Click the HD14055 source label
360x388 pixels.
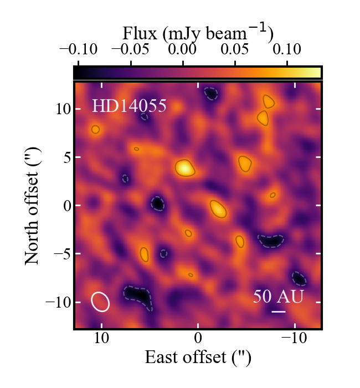[128, 106]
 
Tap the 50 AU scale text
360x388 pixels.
[278, 297]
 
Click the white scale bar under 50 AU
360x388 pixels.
[279, 312]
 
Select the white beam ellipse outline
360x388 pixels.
[100, 301]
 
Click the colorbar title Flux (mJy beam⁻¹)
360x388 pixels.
[198, 34]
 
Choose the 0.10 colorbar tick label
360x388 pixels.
[286, 49]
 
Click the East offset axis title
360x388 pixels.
[198, 358]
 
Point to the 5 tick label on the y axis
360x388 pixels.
[65, 157]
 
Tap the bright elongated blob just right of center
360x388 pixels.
[218, 208]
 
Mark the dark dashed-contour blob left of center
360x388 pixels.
[158, 204]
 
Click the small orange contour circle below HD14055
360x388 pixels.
[95, 129]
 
